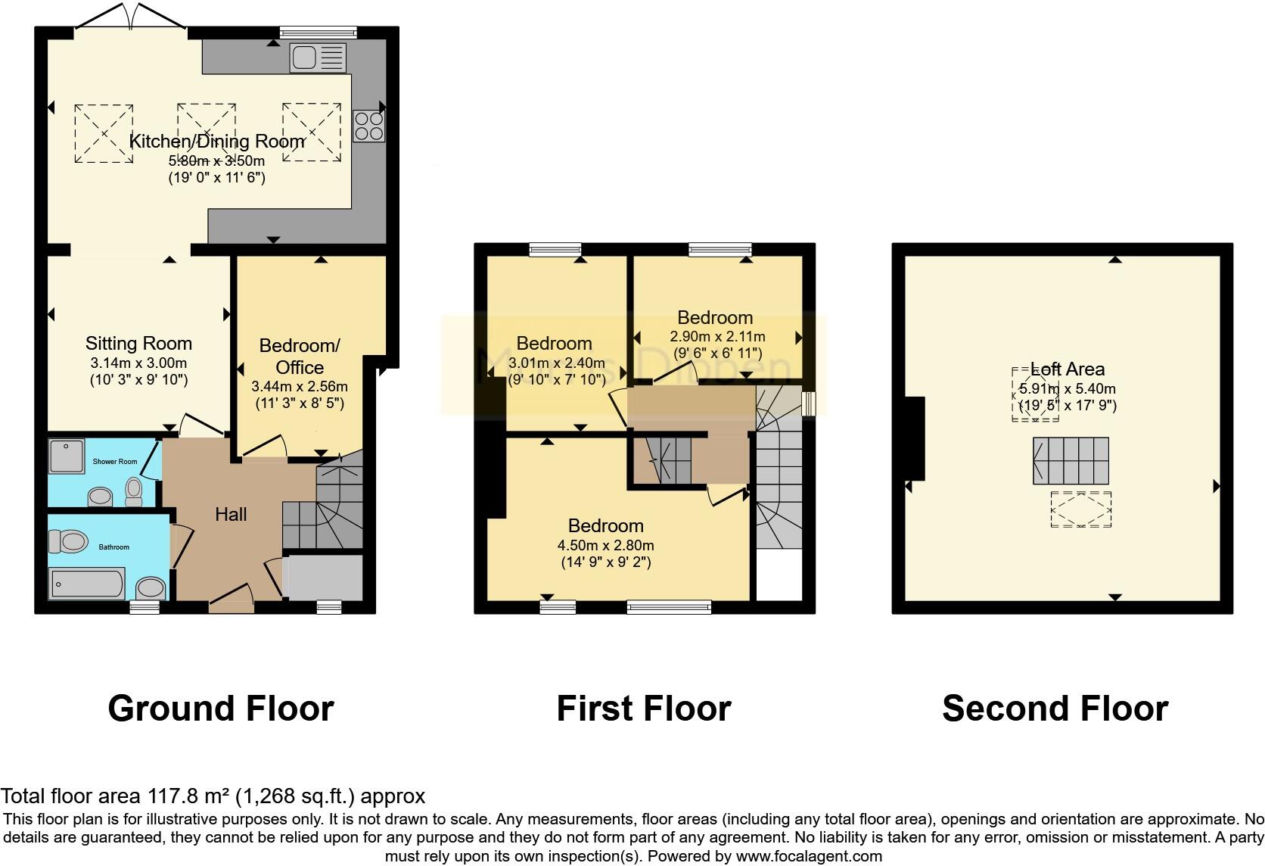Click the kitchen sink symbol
click(317, 58)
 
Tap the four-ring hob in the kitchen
click(368, 126)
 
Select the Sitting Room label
click(138, 344)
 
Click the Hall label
click(231, 515)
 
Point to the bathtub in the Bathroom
click(87, 584)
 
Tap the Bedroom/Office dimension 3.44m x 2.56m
click(299, 386)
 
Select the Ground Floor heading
click(220, 709)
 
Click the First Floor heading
click(643, 709)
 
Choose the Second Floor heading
click(1055, 709)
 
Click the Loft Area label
click(1068, 369)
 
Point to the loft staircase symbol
click(1071, 460)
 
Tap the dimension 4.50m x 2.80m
click(605, 545)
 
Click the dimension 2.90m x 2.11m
click(717, 336)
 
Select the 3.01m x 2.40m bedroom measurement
click(557, 363)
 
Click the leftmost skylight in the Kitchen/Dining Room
click(104, 133)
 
